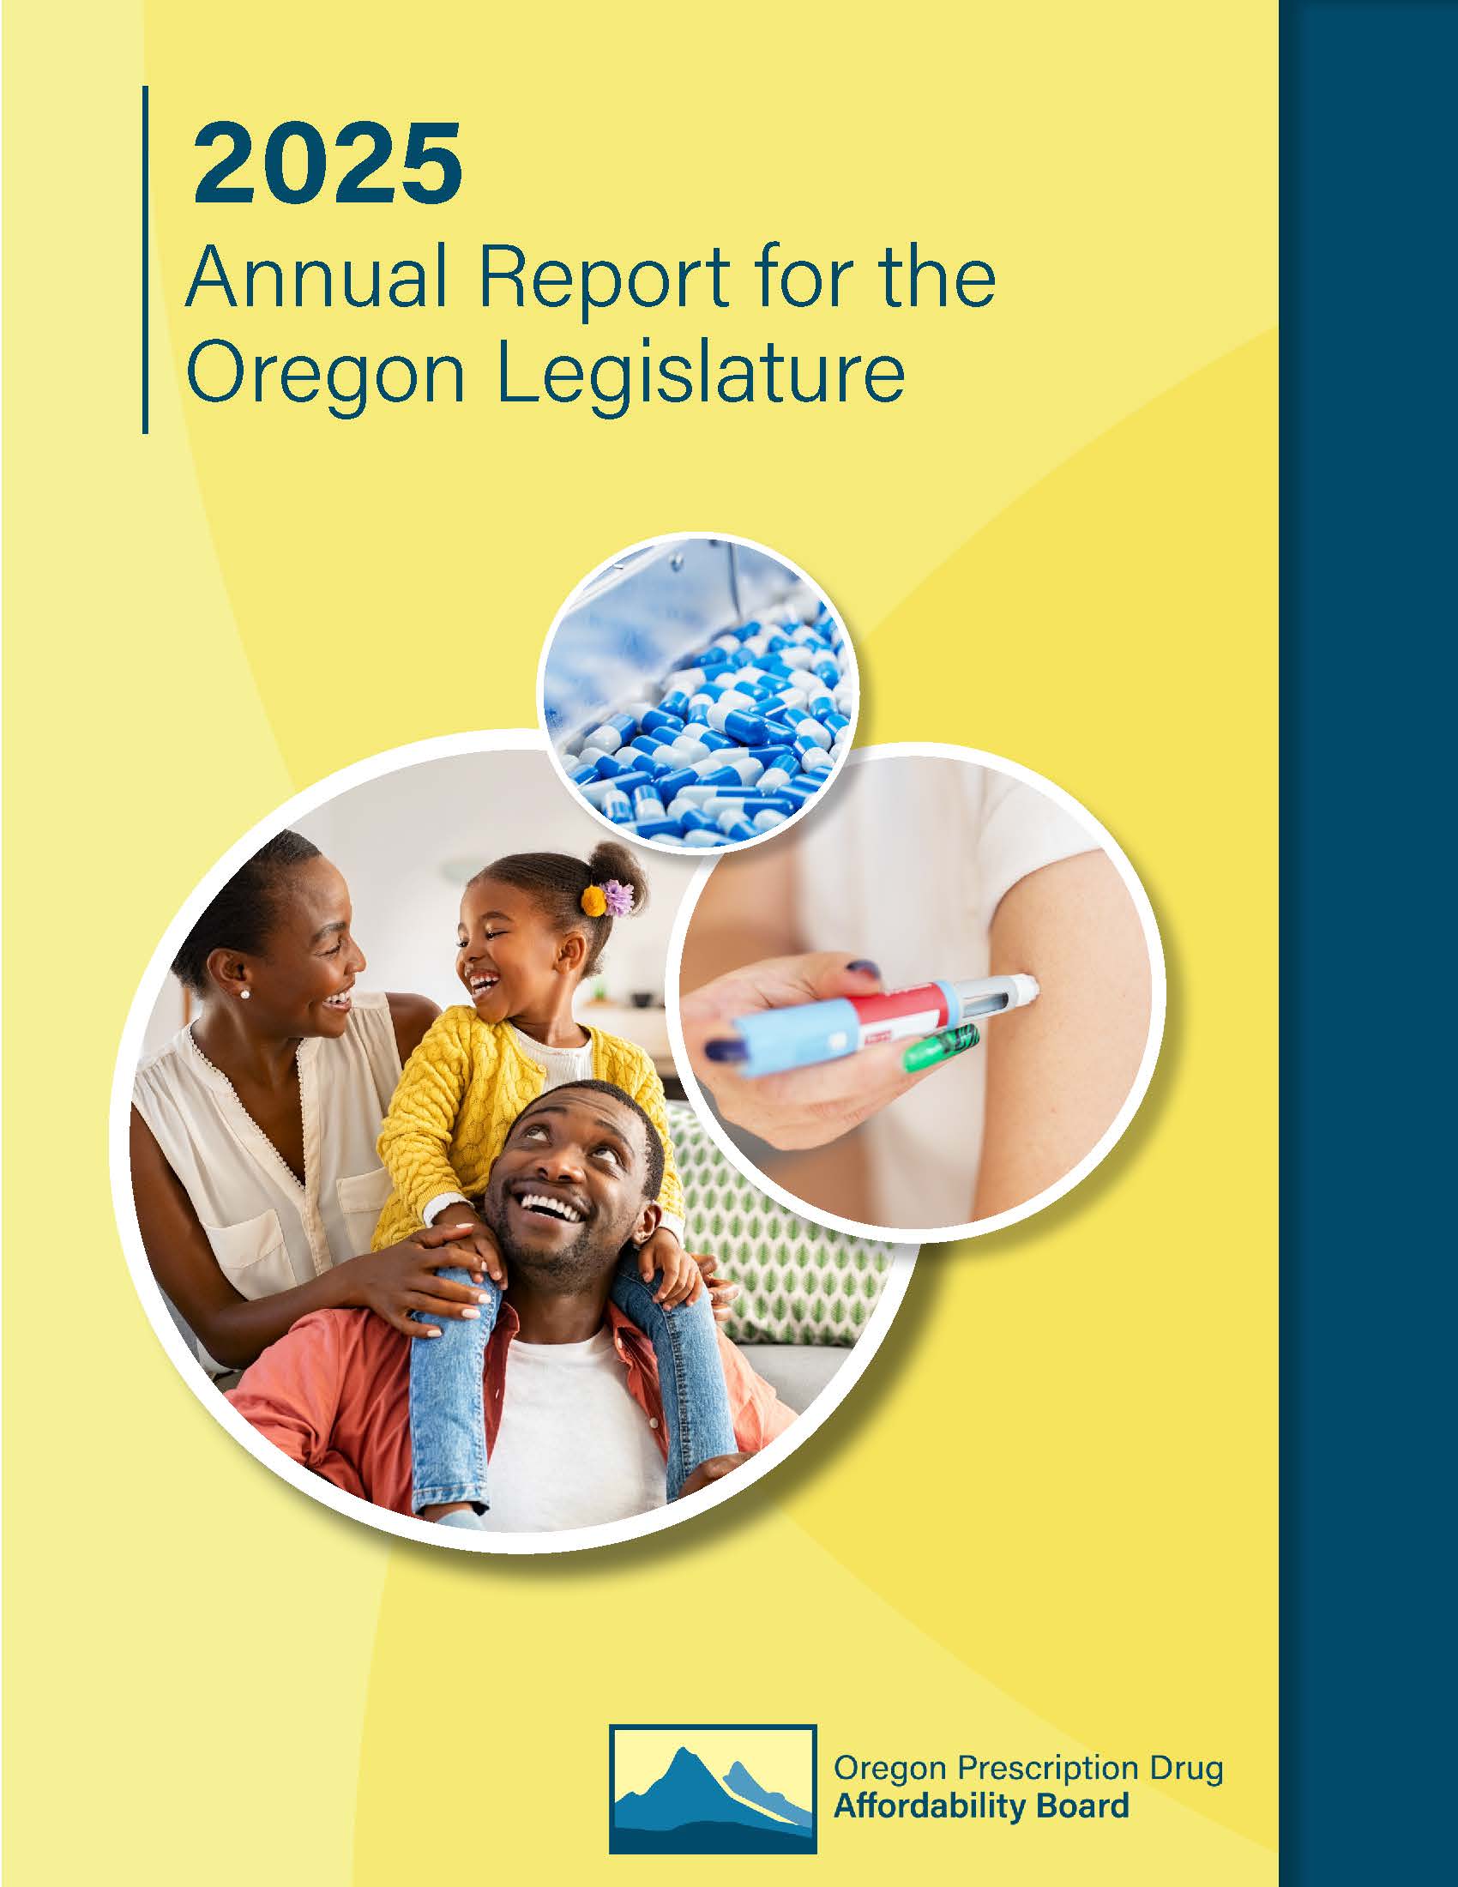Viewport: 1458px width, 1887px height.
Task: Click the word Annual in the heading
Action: (x=316, y=278)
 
